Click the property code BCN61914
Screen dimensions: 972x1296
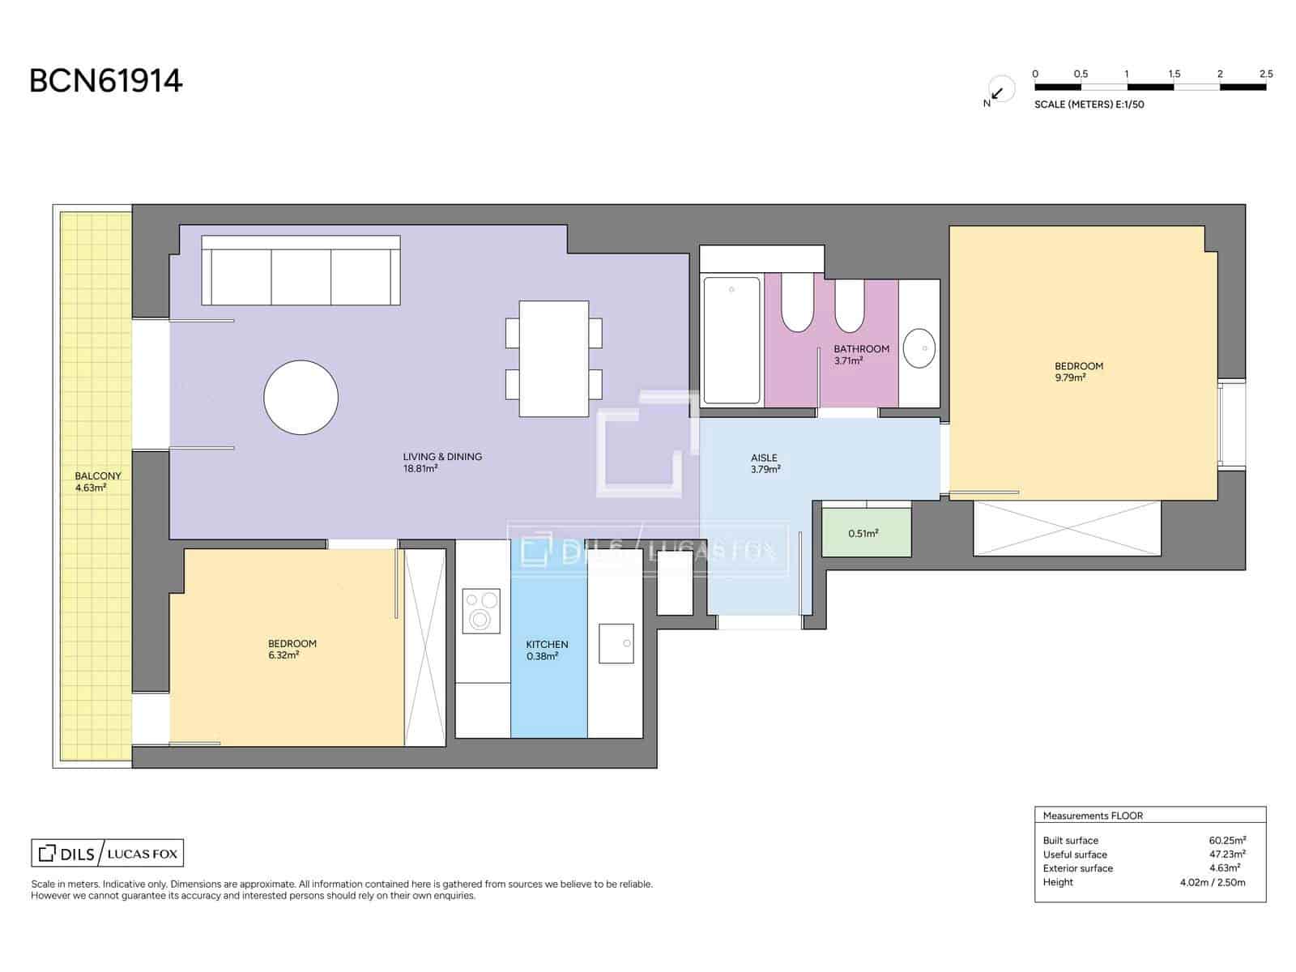(x=106, y=81)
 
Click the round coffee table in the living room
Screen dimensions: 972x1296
(x=301, y=398)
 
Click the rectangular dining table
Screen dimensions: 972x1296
(x=553, y=358)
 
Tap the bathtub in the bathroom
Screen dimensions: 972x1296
(x=731, y=340)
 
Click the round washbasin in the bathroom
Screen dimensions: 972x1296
(x=919, y=348)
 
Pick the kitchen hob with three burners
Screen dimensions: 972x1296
(x=480, y=610)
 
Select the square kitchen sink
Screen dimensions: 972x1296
(x=616, y=643)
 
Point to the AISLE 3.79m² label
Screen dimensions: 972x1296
(x=765, y=463)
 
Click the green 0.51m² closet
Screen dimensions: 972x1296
(x=865, y=533)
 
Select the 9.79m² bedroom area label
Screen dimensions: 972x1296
(x=1078, y=372)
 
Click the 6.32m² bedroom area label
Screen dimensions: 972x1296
(x=292, y=649)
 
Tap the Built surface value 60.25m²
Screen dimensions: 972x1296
(x=1226, y=840)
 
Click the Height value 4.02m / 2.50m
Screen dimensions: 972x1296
(x=1212, y=882)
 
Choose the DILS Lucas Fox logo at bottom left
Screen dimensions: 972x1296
(x=108, y=853)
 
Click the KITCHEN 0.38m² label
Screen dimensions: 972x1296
(x=547, y=650)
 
